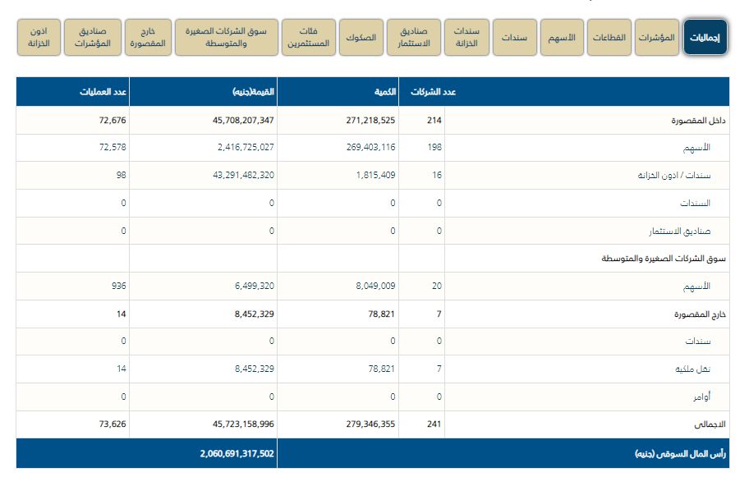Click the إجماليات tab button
click(x=705, y=38)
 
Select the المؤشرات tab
click(x=656, y=38)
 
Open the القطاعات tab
click(x=609, y=38)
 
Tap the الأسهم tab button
click(x=563, y=38)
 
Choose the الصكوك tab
click(x=361, y=38)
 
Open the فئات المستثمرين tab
click(x=308, y=38)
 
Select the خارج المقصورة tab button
click(x=149, y=38)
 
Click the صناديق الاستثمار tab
click(x=414, y=38)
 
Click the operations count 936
click(x=119, y=287)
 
